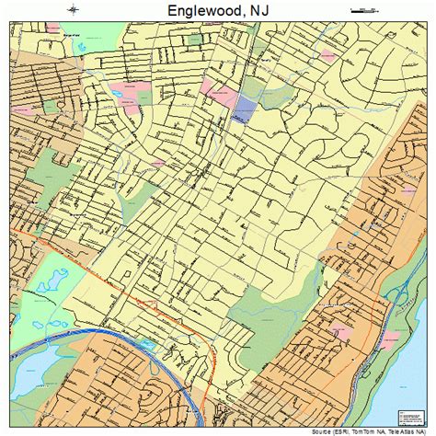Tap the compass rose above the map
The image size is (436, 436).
coord(74,8)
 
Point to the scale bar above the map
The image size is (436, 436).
coord(364,8)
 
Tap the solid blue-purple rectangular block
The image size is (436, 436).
coord(244,111)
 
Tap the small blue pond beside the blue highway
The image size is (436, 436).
coord(148,346)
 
